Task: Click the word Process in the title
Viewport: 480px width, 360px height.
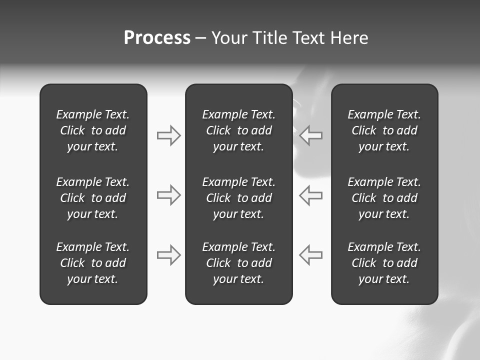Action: point(157,38)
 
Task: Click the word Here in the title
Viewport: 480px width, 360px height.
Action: point(349,38)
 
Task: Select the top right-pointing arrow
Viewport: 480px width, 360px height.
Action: point(169,135)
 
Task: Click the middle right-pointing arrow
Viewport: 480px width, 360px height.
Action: point(169,195)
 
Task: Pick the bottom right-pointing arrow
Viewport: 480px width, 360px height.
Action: point(169,255)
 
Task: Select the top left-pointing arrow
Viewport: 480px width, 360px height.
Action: point(310,135)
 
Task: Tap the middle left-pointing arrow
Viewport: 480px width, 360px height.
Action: point(310,195)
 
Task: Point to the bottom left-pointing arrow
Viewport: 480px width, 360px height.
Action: point(310,255)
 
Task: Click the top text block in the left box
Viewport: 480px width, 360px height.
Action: point(93,130)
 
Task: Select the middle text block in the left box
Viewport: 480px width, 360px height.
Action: point(93,198)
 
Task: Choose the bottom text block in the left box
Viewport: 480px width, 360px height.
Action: point(93,263)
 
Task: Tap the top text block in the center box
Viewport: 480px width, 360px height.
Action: point(238,130)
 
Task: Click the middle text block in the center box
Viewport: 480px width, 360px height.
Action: point(238,198)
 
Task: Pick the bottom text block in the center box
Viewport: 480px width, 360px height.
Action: point(238,263)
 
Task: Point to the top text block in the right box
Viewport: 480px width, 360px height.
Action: point(384,130)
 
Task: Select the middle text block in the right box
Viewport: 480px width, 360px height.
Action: point(384,198)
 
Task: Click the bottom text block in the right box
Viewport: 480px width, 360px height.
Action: point(384,263)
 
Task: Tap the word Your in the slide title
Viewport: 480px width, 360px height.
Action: point(229,38)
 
